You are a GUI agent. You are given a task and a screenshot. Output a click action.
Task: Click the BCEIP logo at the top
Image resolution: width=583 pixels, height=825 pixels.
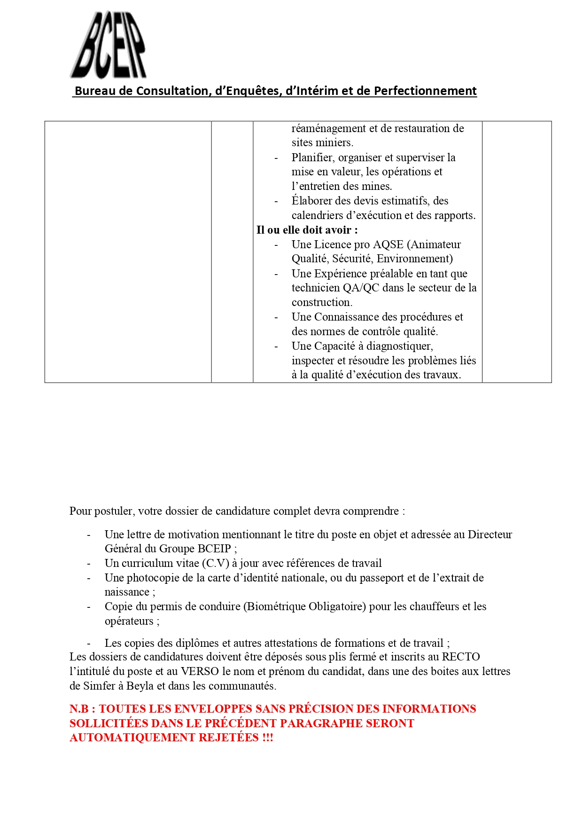pyautogui.click(x=109, y=45)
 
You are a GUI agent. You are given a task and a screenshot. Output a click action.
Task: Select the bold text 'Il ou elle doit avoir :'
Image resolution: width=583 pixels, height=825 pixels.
pyautogui.click(x=307, y=230)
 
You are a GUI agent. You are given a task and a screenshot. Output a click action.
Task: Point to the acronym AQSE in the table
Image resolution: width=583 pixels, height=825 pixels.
pyautogui.click(x=388, y=244)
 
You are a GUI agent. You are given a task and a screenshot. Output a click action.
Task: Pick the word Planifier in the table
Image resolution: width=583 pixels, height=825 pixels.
pyautogui.click(x=313, y=157)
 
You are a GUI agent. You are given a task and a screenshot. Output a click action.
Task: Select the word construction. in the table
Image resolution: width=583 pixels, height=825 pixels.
pyautogui.click(x=322, y=302)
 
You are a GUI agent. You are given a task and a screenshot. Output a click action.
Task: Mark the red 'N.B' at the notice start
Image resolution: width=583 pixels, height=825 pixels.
pyautogui.click(x=79, y=709)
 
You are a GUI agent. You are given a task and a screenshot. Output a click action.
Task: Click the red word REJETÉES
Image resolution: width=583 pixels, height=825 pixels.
pyautogui.click(x=229, y=738)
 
